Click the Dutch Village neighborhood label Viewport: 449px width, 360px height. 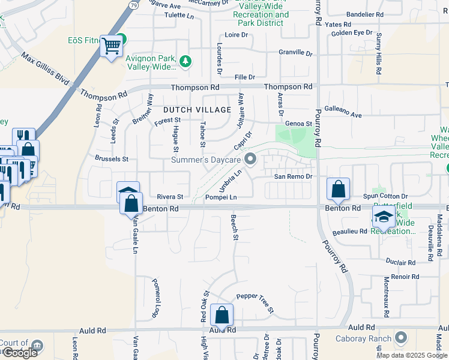point(197,110)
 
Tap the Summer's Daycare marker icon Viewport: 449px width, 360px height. point(252,160)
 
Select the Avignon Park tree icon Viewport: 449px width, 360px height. point(186,60)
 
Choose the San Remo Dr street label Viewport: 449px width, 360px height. point(294,176)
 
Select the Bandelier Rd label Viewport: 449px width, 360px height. point(365,14)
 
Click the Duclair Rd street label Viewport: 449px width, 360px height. point(400,262)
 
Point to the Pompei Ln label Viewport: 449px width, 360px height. point(221,197)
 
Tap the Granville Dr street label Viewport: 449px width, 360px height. point(295,53)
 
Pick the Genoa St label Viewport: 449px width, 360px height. point(299,123)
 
